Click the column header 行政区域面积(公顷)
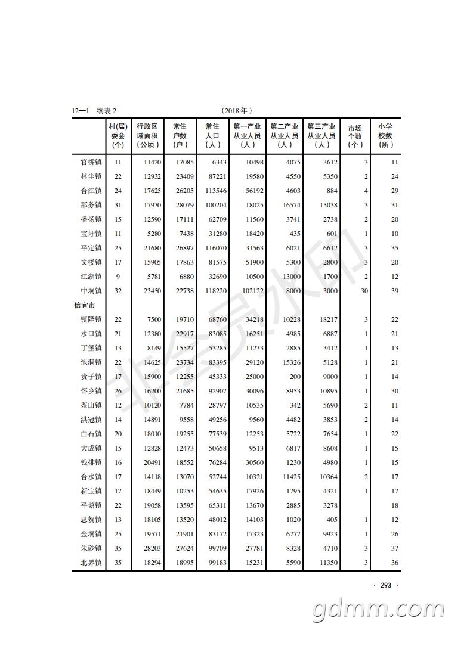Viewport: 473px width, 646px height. point(147,135)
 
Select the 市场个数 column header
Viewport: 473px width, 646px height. point(355,136)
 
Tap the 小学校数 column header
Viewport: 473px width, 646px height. point(386,135)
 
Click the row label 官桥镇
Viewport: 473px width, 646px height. point(91,162)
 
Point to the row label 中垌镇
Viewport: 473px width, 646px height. point(91,291)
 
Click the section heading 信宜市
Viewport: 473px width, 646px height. point(85,305)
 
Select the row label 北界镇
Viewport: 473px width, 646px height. point(91,563)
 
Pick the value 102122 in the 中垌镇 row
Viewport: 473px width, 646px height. point(251,291)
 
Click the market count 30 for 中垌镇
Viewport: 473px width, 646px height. point(364,291)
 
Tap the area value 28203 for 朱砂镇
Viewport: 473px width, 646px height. point(150,548)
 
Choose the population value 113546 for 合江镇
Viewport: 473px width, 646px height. point(214,191)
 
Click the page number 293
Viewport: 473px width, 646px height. point(385,585)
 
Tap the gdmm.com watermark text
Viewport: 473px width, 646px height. point(382,611)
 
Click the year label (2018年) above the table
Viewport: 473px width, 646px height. point(237,111)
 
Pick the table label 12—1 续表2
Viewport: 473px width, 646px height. point(94,111)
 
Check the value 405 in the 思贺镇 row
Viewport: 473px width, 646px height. point(332,520)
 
